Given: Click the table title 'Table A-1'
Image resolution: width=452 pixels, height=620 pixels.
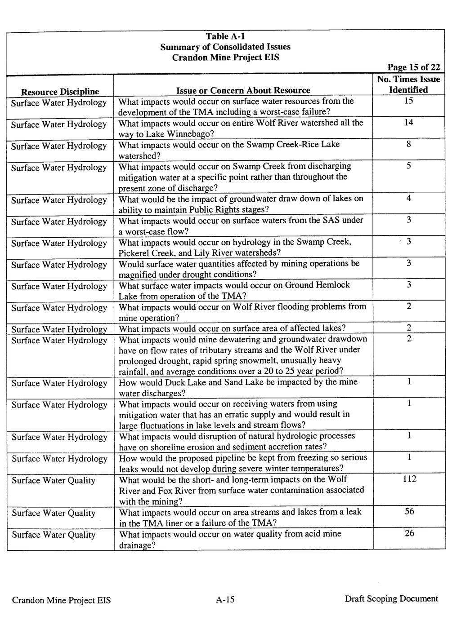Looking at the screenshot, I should click(225, 36).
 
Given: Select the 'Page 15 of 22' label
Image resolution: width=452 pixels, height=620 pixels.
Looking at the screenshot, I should click(413, 67).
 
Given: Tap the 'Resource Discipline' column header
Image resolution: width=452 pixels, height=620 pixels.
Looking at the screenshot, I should click(60, 92).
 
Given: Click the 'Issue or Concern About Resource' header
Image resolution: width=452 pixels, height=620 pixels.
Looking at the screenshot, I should click(243, 90).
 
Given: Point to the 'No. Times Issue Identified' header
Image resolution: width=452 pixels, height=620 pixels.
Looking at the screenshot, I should click(408, 84).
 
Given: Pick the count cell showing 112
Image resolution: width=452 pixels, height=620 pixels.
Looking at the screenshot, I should click(409, 479).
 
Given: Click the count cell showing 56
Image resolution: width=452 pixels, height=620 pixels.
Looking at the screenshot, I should click(409, 511).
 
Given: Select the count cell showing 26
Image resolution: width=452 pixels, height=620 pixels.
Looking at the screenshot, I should click(409, 533).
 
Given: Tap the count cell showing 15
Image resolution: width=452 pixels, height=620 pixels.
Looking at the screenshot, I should click(408, 101).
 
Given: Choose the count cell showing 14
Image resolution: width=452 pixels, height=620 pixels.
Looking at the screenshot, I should click(408, 123).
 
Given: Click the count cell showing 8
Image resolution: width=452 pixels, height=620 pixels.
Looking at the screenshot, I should click(408, 144).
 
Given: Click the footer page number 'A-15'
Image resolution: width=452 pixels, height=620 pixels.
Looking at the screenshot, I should click(225, 599).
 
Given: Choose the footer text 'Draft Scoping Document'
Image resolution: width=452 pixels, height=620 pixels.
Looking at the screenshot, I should click(391, 598).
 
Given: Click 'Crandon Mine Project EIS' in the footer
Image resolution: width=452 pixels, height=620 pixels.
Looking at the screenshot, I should click(61, 600).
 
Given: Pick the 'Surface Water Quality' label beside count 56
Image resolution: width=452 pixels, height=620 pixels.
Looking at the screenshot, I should click(54, 513).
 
